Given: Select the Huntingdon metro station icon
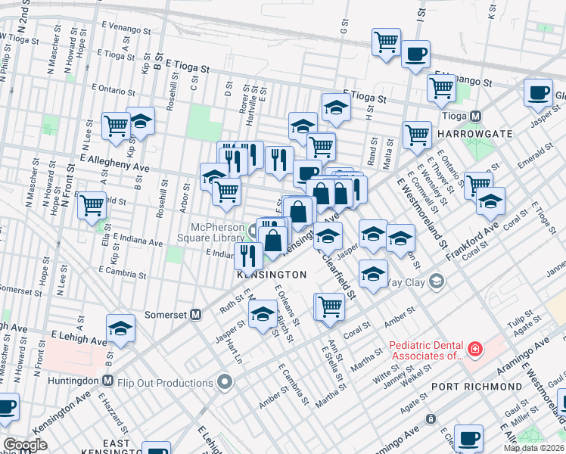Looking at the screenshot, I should [107, 381].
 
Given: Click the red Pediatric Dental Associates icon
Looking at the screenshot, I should [474, 350].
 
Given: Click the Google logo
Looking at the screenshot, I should [25, 445].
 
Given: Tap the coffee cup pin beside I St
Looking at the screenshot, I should [415, 54].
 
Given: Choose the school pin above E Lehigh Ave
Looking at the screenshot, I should [120, 327].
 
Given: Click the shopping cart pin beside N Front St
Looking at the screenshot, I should [92, 203].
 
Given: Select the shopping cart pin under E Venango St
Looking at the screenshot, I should [441, 86].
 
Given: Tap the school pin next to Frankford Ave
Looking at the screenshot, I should [490, 201].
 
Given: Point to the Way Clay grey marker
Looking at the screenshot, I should [435, 282].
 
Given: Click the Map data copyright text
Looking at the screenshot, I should [533, 448].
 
